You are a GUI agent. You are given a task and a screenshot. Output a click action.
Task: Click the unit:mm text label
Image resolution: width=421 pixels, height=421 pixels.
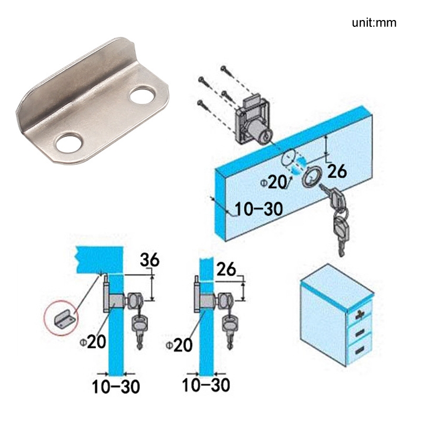(x=374, y=23)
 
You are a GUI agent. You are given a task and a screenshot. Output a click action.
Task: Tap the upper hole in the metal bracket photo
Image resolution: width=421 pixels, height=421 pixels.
(x=142, y=95)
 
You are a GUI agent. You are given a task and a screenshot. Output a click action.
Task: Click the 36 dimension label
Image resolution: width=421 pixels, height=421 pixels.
(x=150, y=260)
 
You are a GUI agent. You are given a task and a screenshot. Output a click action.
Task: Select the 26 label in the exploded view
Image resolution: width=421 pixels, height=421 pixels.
(x=337, y=172)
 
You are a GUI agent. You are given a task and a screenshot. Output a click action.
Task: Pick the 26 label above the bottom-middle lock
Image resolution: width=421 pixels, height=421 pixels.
(x=226, y=269)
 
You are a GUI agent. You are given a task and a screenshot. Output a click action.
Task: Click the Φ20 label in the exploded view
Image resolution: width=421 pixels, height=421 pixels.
(x=274, y=183)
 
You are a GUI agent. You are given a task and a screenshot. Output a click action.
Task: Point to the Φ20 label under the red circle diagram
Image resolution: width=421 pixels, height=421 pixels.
(x=93, y=342)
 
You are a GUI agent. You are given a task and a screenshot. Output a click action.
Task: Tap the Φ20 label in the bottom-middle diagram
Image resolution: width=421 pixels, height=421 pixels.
(x=179, y=345)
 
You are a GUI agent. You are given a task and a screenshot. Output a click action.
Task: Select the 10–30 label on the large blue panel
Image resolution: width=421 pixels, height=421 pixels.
(x=258, y=209)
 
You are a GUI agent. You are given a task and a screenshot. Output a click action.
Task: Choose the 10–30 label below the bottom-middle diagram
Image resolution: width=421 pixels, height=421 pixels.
(x=206, y=385)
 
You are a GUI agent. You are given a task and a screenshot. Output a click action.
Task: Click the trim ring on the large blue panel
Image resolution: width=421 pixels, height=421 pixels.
(x=312, y=176)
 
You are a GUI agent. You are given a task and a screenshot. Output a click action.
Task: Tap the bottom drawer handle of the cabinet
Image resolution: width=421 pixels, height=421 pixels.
(x=359, y=350)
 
